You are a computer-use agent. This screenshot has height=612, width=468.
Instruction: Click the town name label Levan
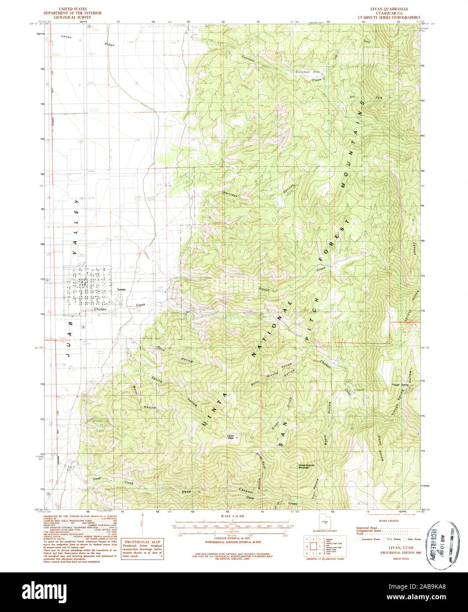click(122, 289)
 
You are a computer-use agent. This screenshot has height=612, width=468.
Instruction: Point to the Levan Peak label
click(230, 437)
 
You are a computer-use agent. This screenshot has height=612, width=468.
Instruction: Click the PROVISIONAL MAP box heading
click(143, 542)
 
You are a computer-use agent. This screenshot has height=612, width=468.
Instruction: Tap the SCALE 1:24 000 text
click(233, 516)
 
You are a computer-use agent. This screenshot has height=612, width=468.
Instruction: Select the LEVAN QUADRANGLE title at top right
click(389, 9)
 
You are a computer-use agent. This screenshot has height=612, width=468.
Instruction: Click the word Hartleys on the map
click(230, 192)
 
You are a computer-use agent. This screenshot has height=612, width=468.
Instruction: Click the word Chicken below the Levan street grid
click(100, 310)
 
